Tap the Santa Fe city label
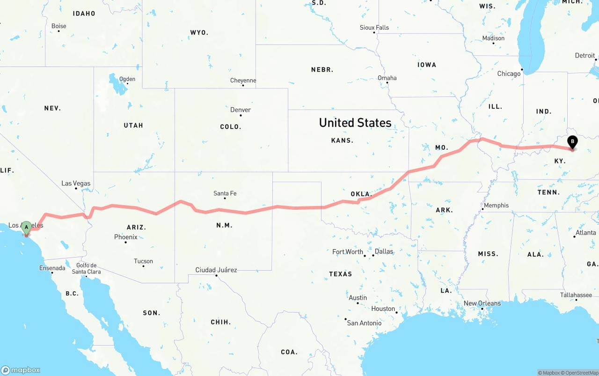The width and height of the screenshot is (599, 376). tap(225, 193)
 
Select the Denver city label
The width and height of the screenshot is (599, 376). tap(241, 110)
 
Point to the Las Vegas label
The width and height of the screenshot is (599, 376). tap(76, 184)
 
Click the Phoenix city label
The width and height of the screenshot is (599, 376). tap(126, 237)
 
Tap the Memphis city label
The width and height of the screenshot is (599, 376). tap(496, 206)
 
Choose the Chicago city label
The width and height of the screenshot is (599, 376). tap(509, 74)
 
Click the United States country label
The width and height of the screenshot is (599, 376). tap(355, 123)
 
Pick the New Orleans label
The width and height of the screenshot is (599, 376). tap(482, 303)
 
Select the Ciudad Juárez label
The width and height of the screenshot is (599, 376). tap(216, 270)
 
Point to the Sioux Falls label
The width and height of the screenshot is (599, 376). tap(374, 28)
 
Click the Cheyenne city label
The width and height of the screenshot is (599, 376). tap(243, 81)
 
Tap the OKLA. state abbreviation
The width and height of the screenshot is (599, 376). tap(361, 194)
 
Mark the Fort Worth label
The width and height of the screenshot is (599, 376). tap(348, 252)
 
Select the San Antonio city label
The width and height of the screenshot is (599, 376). tap(364, 323)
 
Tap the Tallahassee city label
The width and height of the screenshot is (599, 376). tap(576, 295)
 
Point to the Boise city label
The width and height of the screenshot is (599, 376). tap(58, 26)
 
